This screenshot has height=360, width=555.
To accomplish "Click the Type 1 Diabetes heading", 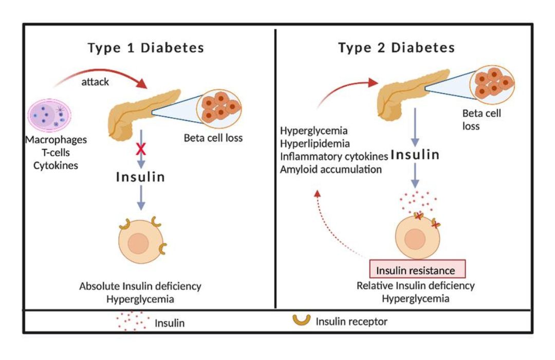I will click(146, 48).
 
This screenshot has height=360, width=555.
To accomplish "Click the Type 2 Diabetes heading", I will click(396, 48).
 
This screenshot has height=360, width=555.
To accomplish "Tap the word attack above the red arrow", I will click(95, 81).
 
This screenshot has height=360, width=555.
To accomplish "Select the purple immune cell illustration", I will click(52, 114).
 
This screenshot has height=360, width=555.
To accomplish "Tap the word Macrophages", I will click(57, 139).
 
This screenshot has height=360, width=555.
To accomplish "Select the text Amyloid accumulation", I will click(331, 169).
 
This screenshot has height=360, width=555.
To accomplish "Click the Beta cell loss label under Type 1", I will click(213, 138).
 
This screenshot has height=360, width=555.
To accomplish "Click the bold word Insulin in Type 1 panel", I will click(140, 177).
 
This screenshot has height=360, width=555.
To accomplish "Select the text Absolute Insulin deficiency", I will click(140, 286).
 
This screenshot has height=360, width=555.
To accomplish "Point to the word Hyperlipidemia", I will click(314, 143).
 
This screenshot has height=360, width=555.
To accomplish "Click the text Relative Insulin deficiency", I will click(416, 285).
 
